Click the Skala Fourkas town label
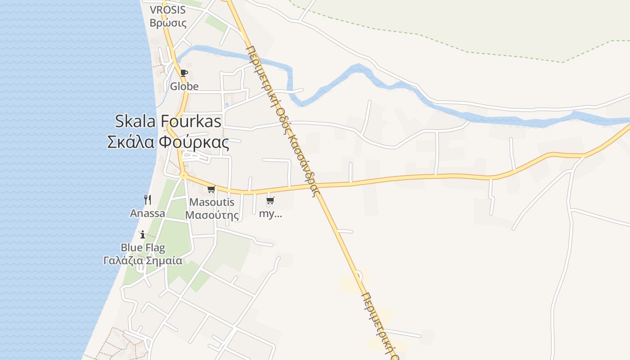(x=168, y=121)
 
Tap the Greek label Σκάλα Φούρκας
(x=168, y=142)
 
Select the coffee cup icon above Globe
(x=184, y=73)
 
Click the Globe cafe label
(x=184, y=86)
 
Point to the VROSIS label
(x=167, y=10)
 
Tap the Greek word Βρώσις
(x=168, y=23)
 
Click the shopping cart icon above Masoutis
(x=211, y=189)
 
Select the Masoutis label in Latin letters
(x=212, y=202)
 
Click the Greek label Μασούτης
(x=212, y=215)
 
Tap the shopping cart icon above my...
(x=270, y=201)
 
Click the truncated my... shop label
(x=270, y=214)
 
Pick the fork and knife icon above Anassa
(x=148, y=199)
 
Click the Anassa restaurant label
(x=148, y=213)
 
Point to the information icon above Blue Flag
(x=143, y=234)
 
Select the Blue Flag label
(x=143, y=247)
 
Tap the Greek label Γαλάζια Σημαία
(x=143, y=260)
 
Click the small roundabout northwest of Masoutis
(x=183, y=175)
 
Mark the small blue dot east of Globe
(x=227, y=104)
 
